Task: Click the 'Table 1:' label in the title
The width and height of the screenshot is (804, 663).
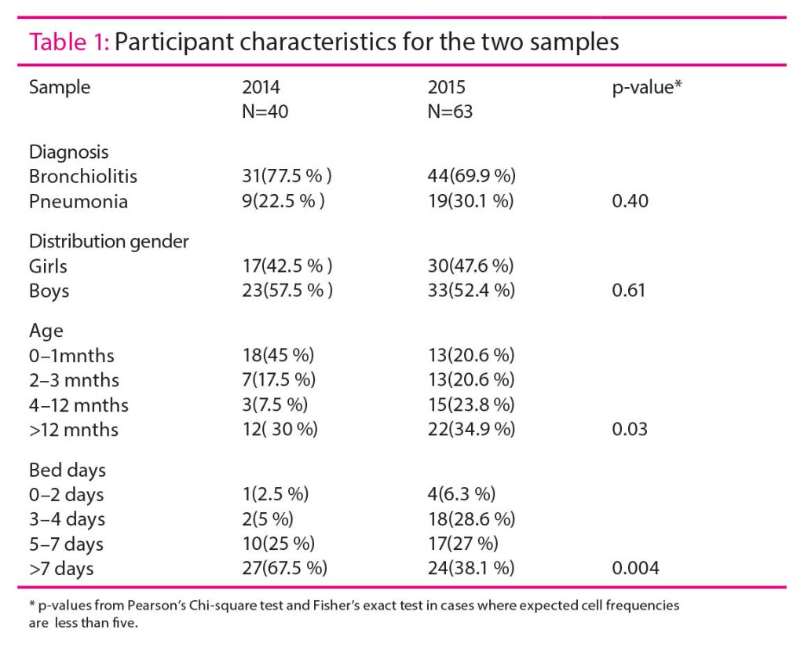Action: coord(69,42)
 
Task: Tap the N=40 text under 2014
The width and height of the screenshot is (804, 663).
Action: coord(265,112)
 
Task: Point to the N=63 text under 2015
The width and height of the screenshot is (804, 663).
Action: coord(450,112)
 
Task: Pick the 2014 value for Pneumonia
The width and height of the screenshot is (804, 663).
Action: coord(283,201)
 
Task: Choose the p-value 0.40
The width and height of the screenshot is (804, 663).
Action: coord(630,201)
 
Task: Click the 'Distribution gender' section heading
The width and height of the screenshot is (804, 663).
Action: coord(109,241)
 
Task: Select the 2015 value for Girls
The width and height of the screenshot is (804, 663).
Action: coord(471,266)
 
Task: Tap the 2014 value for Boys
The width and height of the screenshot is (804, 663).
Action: coord(287,291)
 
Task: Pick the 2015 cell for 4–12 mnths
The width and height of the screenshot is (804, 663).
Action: coord(471,405)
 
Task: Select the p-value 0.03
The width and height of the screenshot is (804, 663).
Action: coord(630,430)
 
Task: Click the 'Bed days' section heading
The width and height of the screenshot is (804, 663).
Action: coord(68,470)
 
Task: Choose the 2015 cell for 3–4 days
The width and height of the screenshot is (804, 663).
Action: coord(471,519)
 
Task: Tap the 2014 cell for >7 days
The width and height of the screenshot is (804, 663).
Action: coord(284,569)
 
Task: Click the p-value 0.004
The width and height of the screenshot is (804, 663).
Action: coord(634,569)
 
